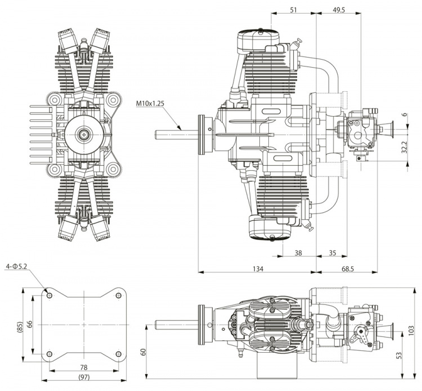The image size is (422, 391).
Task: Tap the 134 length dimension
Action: tap(258, 269)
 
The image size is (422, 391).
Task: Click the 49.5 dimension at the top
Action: tap(338, 9)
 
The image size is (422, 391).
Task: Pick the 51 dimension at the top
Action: tap(294, 9)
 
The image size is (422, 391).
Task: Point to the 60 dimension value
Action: tap(142, 351)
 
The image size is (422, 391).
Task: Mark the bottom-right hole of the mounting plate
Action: tap(117, 353)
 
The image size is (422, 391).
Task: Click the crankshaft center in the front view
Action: tap(83, 134)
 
